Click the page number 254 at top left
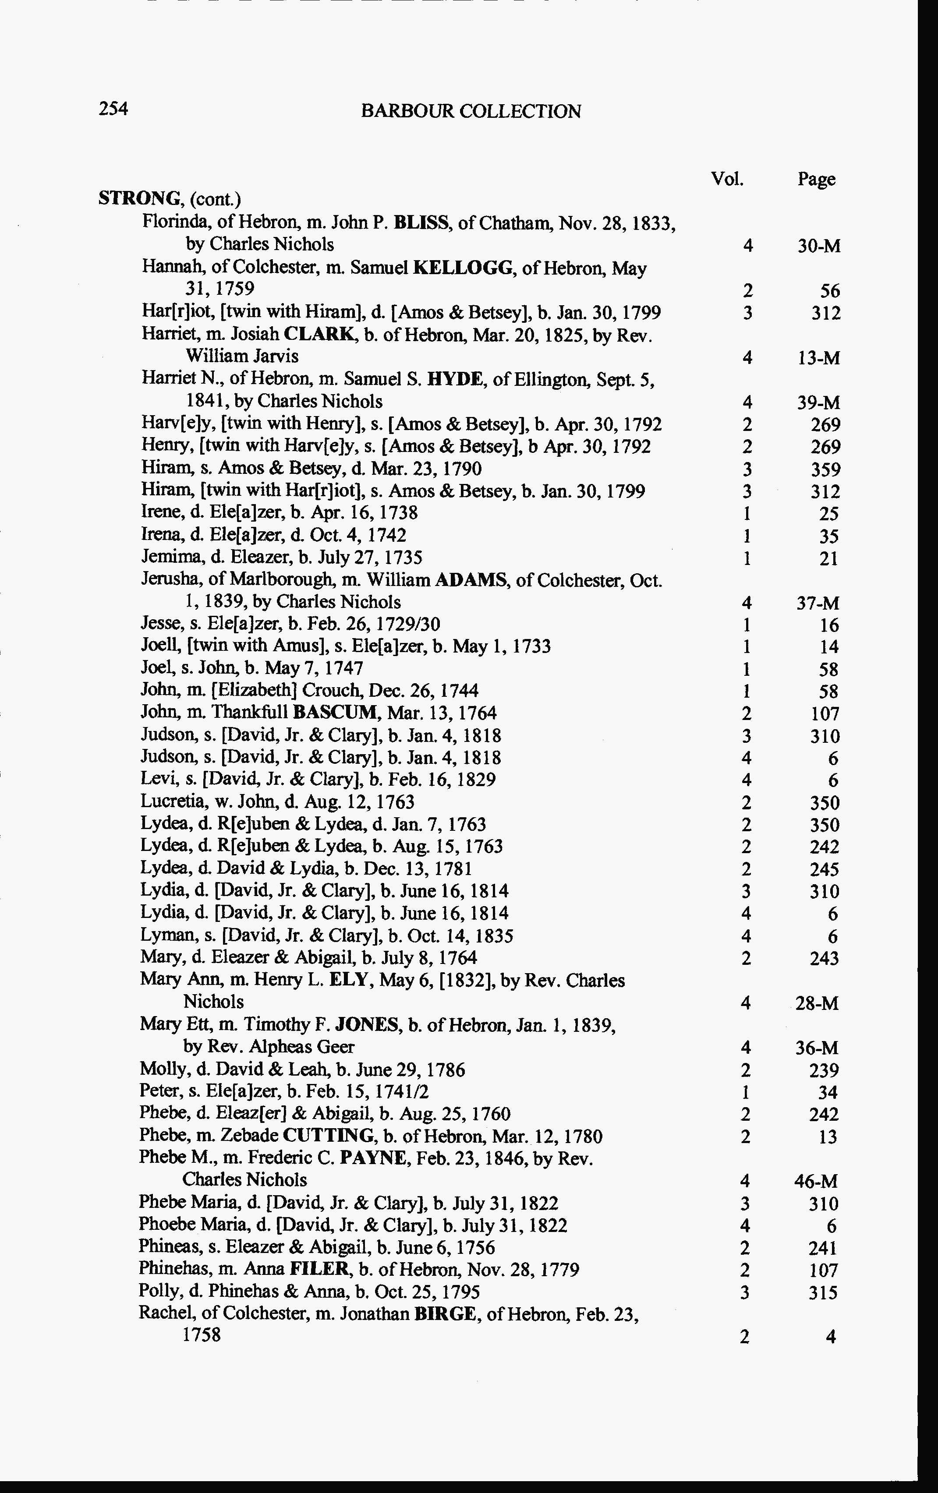pyautogui.click(x=113, y=109)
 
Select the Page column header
pyautogui.click(x=816, y=179)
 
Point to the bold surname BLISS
pyautogui.click(x=422, y=222)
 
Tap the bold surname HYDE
pyautogui.click(x=460, y=379)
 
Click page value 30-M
pyautogui.click(x=819, y=247)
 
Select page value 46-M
pyautogui.click(x=816, y=1181)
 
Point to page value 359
pyautogui.click(x=826, y=469)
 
